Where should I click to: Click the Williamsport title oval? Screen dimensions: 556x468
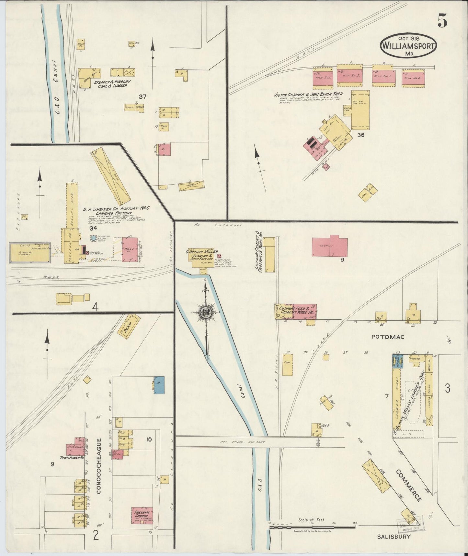point(408,45)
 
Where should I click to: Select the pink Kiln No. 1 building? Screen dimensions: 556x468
point(323,79)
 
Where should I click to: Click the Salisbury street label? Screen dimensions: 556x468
point(394,537)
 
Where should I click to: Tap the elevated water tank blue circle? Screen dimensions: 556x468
point(93,238)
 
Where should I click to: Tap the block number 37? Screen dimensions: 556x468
point(143,96)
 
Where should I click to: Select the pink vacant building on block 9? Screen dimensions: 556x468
point(329,247)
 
